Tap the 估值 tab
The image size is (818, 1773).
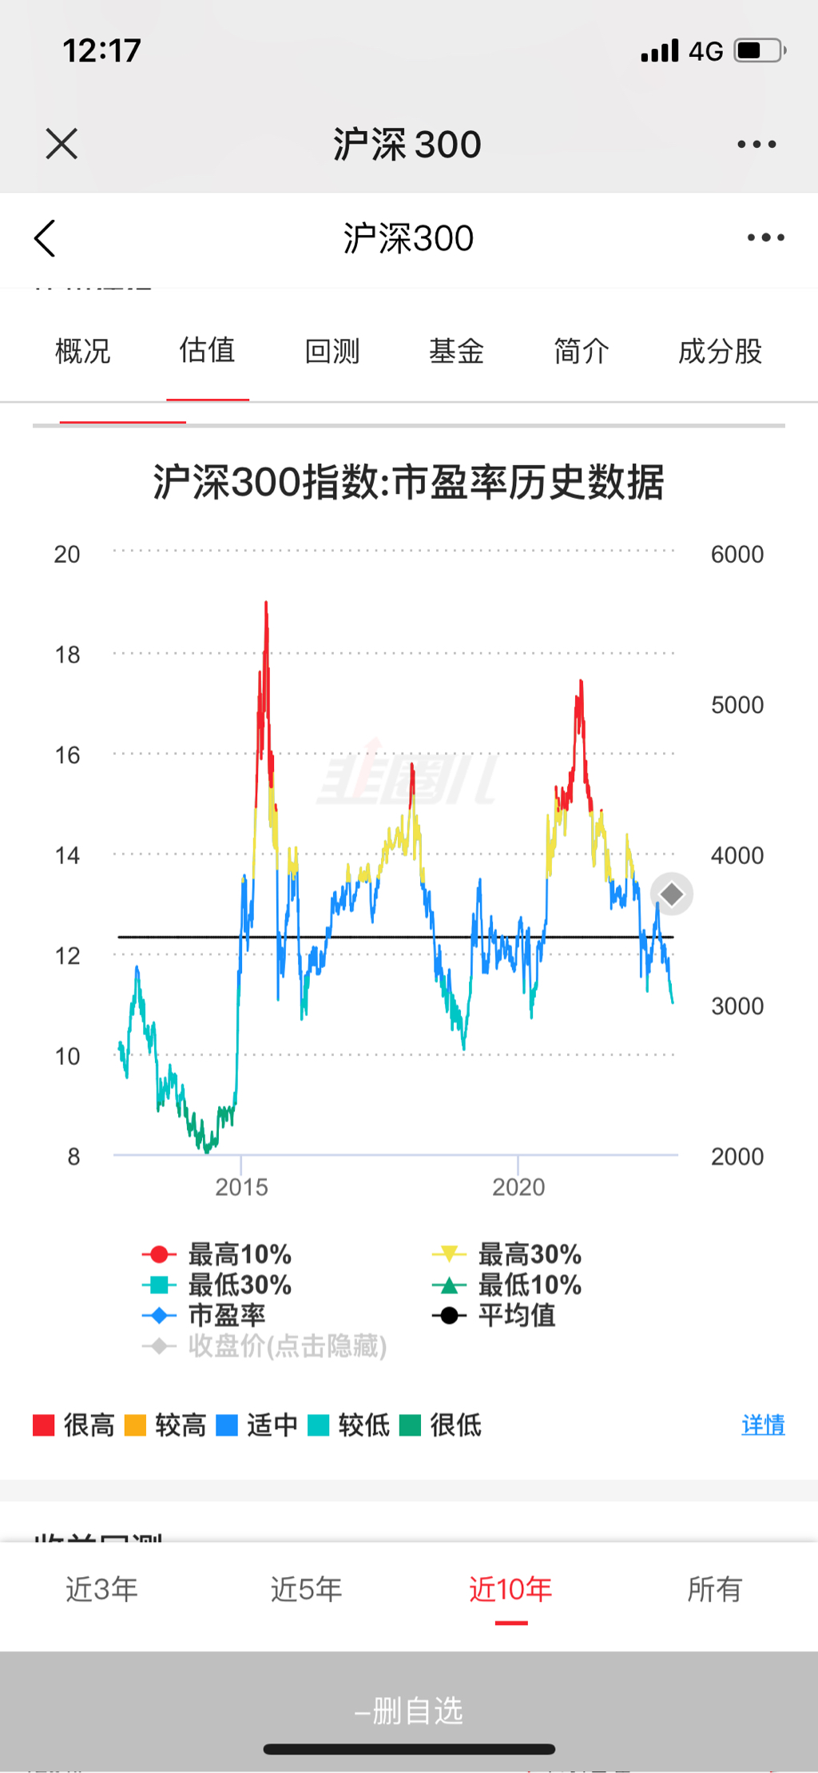207,351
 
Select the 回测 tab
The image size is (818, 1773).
332,351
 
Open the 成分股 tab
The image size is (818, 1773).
720,351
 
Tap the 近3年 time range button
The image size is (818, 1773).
101,1589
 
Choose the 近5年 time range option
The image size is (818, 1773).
306,1589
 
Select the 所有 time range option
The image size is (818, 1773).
715,1589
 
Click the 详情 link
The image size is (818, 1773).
763,1424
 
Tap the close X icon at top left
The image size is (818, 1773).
62,144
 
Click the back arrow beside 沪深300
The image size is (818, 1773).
46,238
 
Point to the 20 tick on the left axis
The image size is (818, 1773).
67,554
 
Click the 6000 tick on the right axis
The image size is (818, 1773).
737,554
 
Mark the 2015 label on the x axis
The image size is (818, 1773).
241,1187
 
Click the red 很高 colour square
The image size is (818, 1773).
43,1425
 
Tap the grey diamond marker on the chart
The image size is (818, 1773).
672,894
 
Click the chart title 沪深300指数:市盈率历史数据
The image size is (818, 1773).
408,482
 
